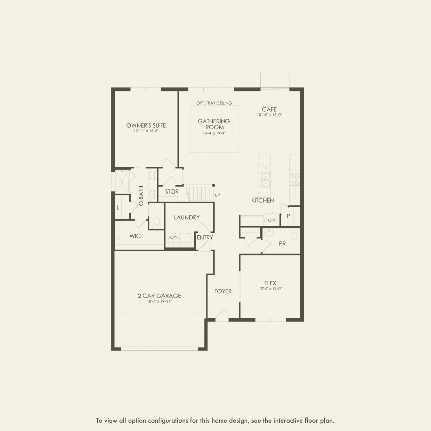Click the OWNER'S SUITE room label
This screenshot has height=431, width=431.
pyautogui.click(x=146, y=125)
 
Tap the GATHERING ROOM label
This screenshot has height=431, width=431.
pyautogui.click(x=214, y=124)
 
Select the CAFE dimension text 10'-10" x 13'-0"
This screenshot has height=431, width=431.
pyautogui.click(x=269, y=115)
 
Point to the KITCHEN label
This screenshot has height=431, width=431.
pyautogui.click(x=262, y=201)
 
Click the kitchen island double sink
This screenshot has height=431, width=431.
pyautogui.click(x=267, y=180)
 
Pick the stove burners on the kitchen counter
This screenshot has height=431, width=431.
pyautogui.click(x=295, y=180)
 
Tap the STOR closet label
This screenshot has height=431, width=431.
pyautogui.click(x=172, y=192)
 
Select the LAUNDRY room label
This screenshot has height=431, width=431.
pyautogui.click(x=187, y=217)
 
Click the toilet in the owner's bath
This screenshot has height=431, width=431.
pyautogui.click(x=156, y=221)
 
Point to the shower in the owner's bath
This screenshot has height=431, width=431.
pyautogui.click(x=122, y=181)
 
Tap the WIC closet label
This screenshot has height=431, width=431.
pyautogui.click(x=135, y=236)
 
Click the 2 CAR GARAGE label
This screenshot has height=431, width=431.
pyautogui.click(x=159, y=296)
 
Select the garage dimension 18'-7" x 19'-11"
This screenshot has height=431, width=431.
pyautogui.click(x=159, y=302)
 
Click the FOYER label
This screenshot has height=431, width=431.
pyautogui.click(x=223, y=291)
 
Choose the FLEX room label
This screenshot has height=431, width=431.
pyautogui.click(x=270, y=283)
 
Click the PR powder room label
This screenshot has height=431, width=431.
pyautogui.click(x=282, y=244)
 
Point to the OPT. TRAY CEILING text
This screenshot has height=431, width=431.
pyautogui.click(x=214, y=103)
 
